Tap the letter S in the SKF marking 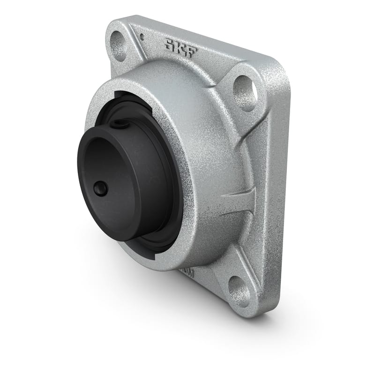pos(169,45)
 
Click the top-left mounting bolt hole pos(119,45)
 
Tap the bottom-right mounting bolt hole pos(239,290)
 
